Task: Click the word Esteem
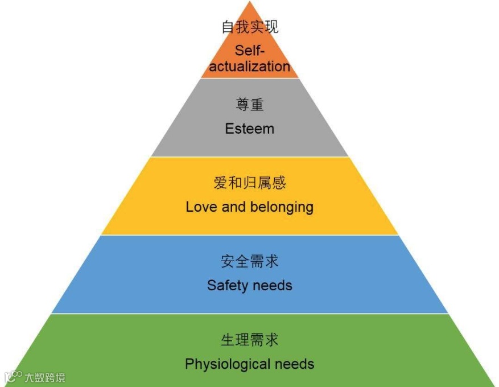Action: pos(249,129)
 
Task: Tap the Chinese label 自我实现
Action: pos(250,27)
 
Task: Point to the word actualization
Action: pos(250,67)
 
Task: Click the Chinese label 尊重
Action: pos(250,105)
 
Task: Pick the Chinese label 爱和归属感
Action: pos(250,183)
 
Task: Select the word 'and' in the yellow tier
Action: pos(233,207)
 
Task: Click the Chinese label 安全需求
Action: pos(250,261)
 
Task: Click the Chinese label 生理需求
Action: pos(250,340)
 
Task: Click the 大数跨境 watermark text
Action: pos(44,377)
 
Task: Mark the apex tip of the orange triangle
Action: pos(250,2)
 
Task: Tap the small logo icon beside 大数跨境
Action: pos(13,377)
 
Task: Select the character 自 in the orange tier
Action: pos(228,27)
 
